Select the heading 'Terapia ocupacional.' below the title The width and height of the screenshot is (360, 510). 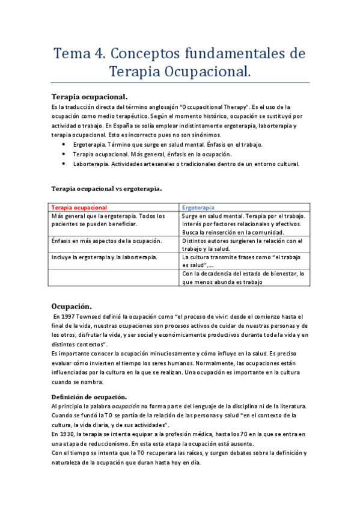[x=90, y=96]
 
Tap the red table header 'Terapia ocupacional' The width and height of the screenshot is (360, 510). [x=79, y=207]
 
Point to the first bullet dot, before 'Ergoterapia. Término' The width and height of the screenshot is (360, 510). [x=65, y=145]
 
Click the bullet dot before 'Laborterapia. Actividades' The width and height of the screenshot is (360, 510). [x=65, y=164]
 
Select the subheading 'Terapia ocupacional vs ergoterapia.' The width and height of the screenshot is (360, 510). [x=106, y=188]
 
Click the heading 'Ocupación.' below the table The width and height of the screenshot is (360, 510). [x=72, y=306]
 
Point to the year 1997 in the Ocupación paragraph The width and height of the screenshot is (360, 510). [x=69, y=316]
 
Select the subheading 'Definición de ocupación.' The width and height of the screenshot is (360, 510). [x=89, y=396]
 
